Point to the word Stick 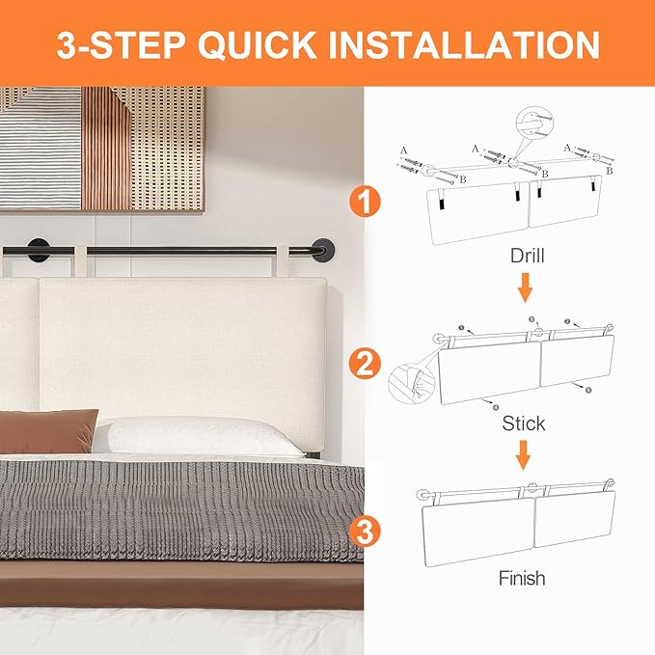point(523,423)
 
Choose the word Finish point(522,579)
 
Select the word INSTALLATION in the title point(472,44)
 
